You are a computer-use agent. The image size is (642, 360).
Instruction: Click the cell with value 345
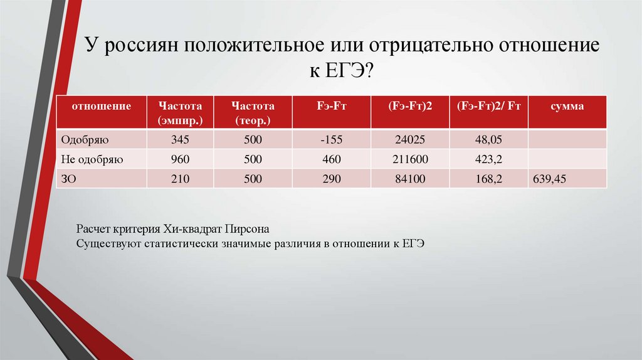point(180,139)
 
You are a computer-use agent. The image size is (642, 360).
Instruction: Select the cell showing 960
point(180,159)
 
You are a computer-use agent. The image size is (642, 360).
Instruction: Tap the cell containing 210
point(180,179)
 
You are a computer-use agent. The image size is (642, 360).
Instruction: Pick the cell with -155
point(331,139)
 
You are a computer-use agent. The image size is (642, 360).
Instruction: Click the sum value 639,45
point(549,179)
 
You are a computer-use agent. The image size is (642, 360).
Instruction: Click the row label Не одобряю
point(92,159)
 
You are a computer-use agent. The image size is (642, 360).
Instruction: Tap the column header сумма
point(567,107)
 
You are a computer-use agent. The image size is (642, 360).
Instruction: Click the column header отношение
point(101,107)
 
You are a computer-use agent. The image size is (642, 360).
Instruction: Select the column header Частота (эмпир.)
point(180,112)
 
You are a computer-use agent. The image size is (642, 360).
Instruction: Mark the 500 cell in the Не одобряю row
point(253,159)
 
